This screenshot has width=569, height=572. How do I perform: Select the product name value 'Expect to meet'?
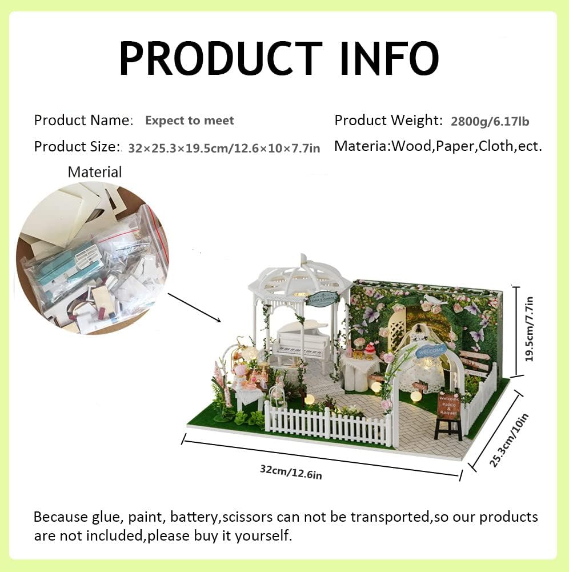(x=189, y=121)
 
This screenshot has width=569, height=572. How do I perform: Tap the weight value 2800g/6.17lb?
(x=490, y=121)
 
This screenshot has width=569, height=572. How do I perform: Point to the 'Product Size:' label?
(x=77, y=146)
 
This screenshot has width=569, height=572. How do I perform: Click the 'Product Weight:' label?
(x=388, y=121)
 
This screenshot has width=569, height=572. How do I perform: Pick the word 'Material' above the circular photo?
(x=95, y=171)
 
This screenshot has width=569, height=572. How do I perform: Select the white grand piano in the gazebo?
(x=302, y=340)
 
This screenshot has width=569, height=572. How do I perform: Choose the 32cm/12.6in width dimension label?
(x=291, y=471)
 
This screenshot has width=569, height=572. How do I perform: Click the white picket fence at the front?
(x=328, y=426)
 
